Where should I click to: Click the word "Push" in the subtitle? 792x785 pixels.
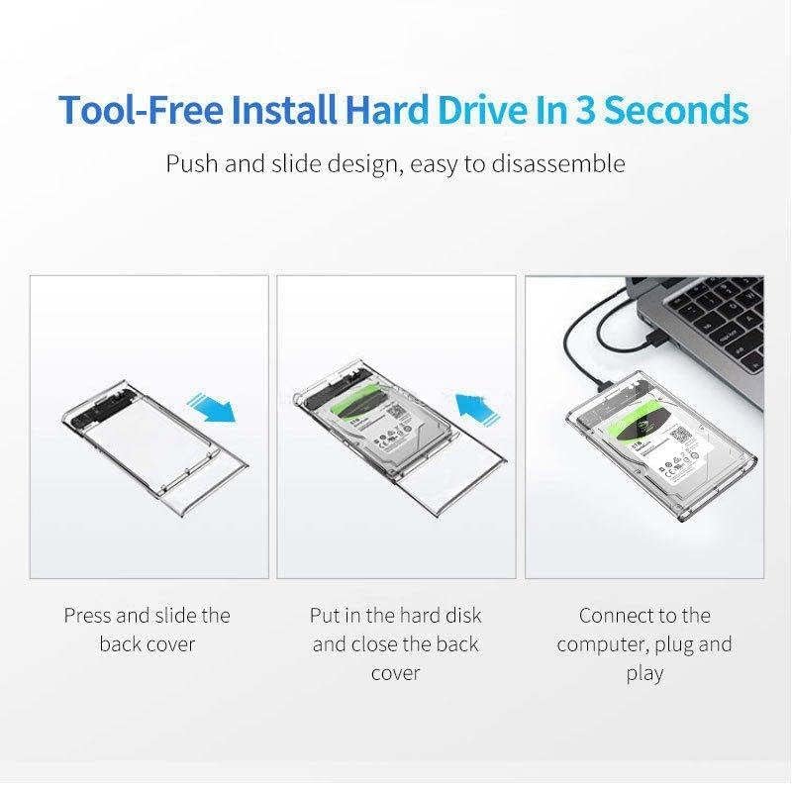(x=190, y=163)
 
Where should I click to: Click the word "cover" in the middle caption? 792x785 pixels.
(x=396, y=673)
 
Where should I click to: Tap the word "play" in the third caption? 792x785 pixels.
(x=644, y=674)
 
